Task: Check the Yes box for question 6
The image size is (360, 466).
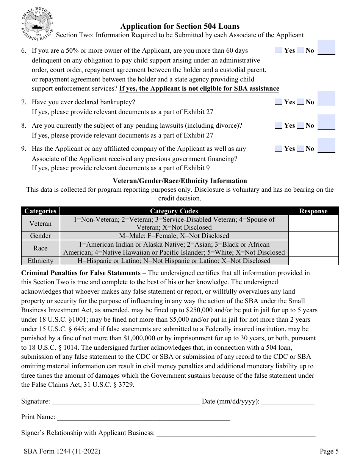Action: tap(278, 50)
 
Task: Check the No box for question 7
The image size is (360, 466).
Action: tap(300, 102)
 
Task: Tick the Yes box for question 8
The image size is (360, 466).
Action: tap(278, 125)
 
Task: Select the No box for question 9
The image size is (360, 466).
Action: tap(300, 149)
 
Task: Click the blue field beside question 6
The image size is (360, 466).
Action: tap(326, 47)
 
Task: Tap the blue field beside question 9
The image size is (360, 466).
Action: tap(326, 145)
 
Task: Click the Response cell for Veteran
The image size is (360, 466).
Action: tap(313, 224)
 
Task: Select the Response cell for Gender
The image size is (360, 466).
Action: tap(313, 236)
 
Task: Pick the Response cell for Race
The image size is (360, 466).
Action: tap(313, 249)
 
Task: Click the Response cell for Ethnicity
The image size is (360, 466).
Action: tap(313, 261)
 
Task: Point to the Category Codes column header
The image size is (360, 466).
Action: tap(174, 211)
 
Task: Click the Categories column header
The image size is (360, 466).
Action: tap(40, 211)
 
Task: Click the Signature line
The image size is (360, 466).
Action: tap(125, 402)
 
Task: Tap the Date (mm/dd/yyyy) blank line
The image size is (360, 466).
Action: tap(288, 402)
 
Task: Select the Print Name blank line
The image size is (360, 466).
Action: tap(143, 418)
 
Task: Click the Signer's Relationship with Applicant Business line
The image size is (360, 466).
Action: tap(236, 433)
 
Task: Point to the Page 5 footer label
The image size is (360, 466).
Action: tap(329, 451)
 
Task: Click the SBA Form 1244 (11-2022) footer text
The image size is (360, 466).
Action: tap(62, 451)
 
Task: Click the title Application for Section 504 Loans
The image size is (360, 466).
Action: tap(180, 26)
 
